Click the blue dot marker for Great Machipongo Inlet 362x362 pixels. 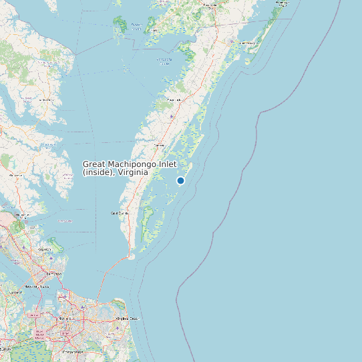click(x=180, y=181)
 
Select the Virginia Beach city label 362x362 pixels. click(x=128, y=319)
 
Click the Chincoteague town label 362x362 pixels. click(x=248, y=43)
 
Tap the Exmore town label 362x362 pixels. click(x=159, y=144)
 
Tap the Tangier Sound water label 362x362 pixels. click(x=136, y=27)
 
